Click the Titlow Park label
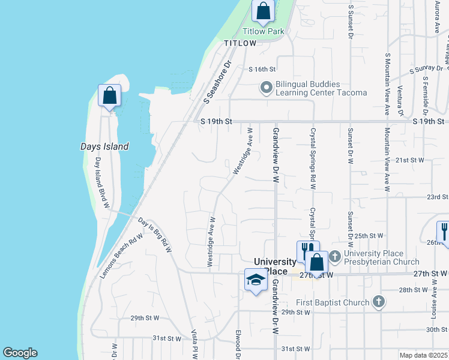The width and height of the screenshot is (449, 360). click(263, 31)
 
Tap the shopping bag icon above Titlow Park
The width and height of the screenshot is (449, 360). click(263, 11)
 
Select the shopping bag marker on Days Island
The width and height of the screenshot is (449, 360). click(109, 95)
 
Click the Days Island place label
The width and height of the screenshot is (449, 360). click(104, 146)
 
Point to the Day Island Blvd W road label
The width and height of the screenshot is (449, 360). click(100, 183)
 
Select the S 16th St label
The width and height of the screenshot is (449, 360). click(262, 70)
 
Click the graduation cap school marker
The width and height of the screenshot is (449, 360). click(256, 280)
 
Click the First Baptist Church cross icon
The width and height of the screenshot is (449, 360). click(378, 302)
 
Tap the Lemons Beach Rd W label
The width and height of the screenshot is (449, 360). click(121, 255)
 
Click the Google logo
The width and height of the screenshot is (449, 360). click(20, 353)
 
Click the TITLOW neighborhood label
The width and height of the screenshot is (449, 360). click(240, 43)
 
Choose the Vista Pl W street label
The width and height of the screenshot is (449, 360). click(194, 344)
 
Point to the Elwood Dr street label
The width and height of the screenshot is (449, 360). click(238, 349)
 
